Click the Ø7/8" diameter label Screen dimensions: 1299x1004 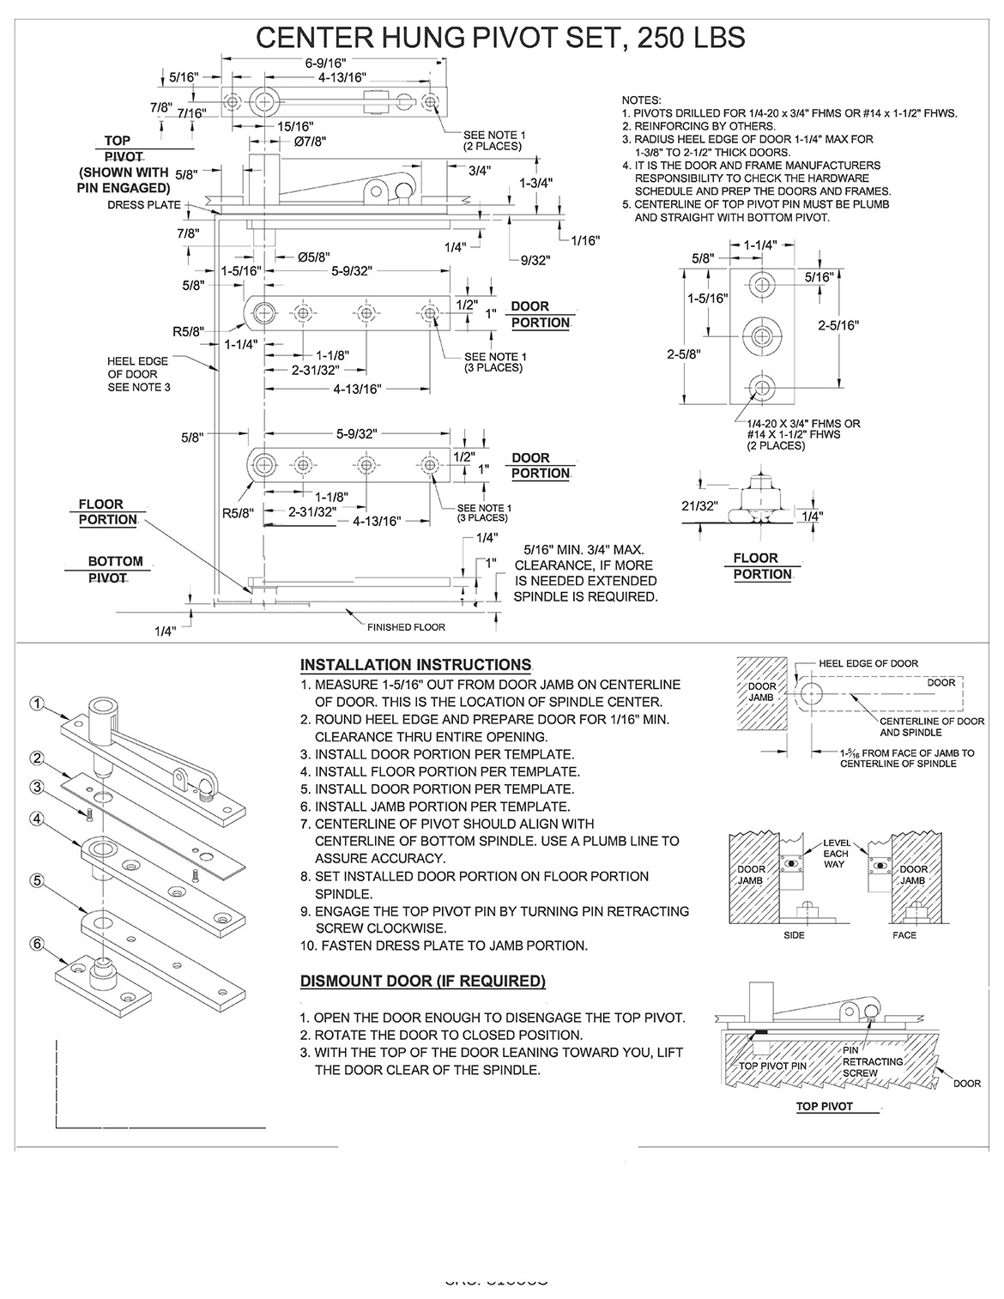click(x=309, y=141)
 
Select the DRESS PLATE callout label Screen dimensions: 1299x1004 click(x=144, y=205)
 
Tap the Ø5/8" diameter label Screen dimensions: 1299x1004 click(x=313, y=257)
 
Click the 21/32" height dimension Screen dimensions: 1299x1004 click(x=698, y=505)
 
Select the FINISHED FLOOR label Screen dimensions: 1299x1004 click(x=406, y=627)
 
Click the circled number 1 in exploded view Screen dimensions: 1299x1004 click(x=37, y=703)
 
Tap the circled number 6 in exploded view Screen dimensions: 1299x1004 click(x=37, y=943)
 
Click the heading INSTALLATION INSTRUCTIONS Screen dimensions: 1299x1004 click(x=415, y=665)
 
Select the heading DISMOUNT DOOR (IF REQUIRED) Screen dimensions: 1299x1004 click(x=422, y=981)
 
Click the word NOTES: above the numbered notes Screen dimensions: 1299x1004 click(x=641, y=100)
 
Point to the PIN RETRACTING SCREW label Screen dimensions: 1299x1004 click(x=872, y=1061)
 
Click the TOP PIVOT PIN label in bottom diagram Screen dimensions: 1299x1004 click(x=773, y=1066)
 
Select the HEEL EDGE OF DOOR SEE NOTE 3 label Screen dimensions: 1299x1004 click(x=139, y=374)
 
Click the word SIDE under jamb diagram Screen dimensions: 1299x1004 click(x=794, y=934)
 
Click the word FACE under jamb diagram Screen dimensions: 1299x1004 click(x=904, y=934)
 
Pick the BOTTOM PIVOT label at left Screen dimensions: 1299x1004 click(x=116, y=570)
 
